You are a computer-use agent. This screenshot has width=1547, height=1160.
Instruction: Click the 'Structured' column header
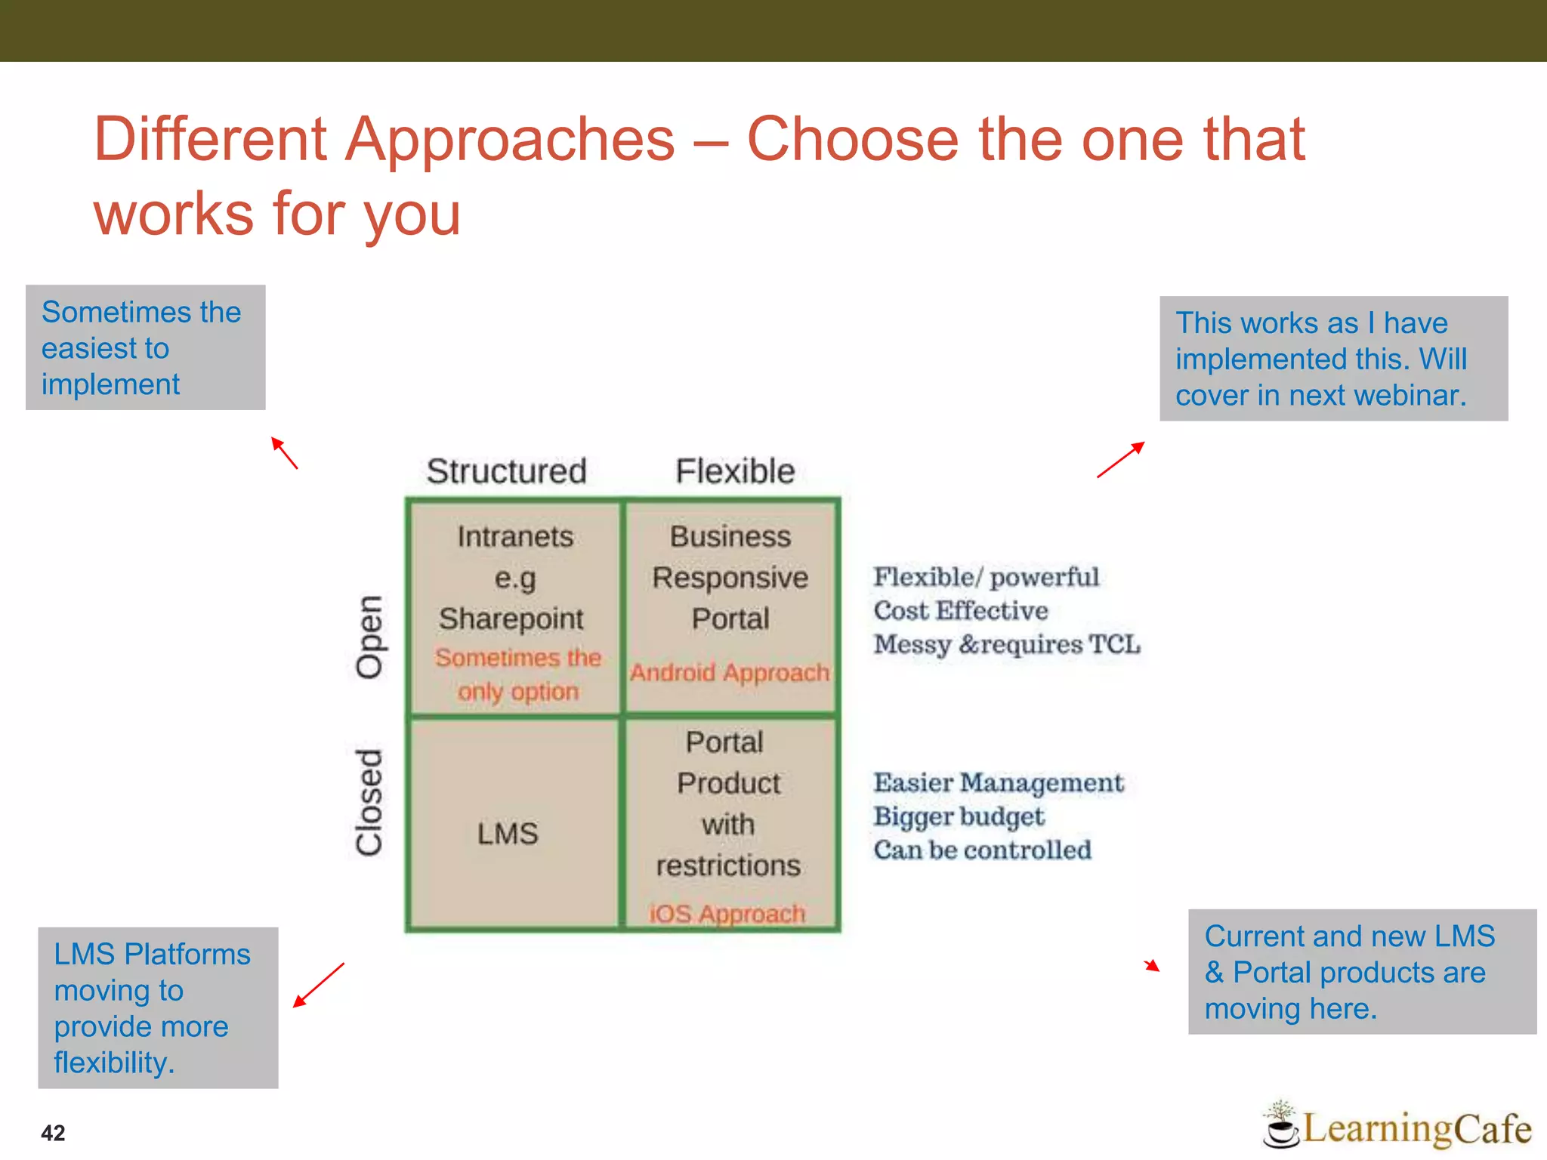point(506,471)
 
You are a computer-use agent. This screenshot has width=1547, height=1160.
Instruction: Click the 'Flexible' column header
point(735,471)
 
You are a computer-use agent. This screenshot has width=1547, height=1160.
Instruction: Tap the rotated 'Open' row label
point(369,637)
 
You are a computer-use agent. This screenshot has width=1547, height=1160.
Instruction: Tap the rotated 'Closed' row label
point(369,803)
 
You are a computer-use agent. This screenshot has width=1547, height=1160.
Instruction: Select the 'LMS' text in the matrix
point(508,834)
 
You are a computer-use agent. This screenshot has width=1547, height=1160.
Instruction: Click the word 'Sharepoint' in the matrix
point(511,619)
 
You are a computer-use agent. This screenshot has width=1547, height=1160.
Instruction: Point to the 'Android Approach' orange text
point(730,672)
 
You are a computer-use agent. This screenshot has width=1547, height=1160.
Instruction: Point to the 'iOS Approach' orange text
point(727,914)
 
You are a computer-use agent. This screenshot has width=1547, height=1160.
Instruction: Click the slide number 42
point(53,1133)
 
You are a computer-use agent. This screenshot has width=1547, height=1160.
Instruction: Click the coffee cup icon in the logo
point(1281,1129)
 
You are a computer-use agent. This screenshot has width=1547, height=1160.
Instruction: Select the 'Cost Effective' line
point(961,610)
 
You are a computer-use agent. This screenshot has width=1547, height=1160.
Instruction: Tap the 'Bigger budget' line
point(959,816)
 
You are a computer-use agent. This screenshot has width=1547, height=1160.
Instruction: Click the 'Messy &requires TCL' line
point(1007,644)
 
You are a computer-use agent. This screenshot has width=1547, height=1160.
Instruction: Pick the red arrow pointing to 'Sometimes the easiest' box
point(285,453)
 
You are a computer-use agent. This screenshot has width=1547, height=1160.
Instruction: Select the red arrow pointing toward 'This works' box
point(1121,460)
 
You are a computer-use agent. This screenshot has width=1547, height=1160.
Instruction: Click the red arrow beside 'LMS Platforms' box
point(319,985)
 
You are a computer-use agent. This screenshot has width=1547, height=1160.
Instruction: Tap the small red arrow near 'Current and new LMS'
point(1151,965)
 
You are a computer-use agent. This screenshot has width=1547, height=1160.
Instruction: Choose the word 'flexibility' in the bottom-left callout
point(113,1063)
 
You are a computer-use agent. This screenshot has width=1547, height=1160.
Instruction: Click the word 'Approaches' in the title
point(510,140)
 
